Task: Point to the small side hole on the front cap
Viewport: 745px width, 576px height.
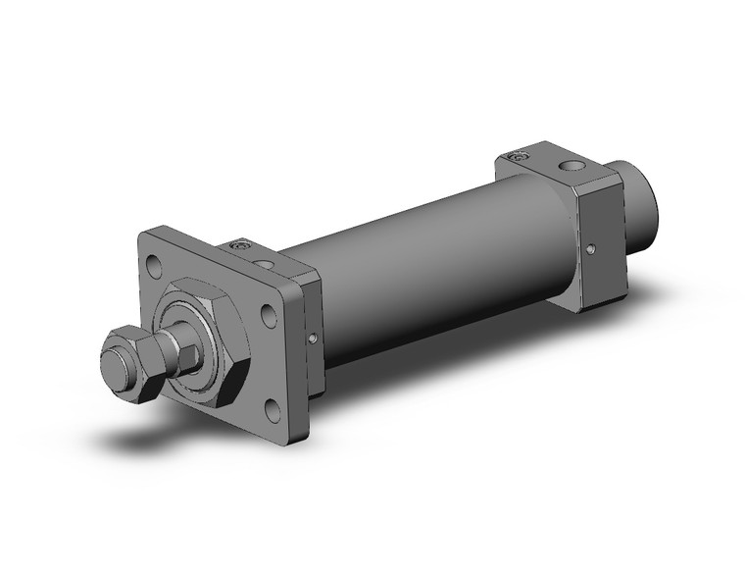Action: pos(312,340)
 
